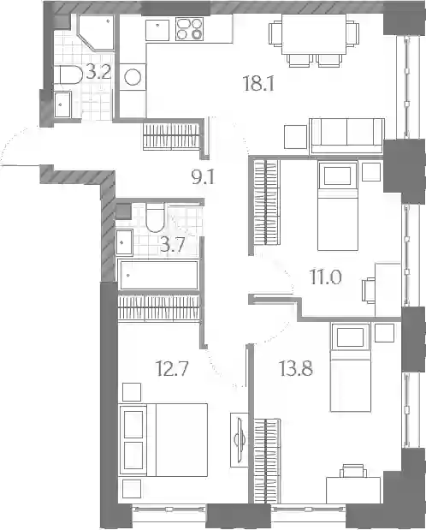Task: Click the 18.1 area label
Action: [x=258, y=84]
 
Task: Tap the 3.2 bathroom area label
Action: [x=98, y=72]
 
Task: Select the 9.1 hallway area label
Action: [x=203, y=176]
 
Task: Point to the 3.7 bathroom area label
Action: [x=173, y=245]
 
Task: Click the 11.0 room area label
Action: [x=326, y=277]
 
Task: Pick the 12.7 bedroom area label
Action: [x=172, y=368]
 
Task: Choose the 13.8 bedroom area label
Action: [x=296, y=368]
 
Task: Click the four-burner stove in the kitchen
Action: [x=189, y=29]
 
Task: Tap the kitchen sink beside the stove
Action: [x=157, y=30]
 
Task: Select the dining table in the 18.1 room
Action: [x=313, y=34]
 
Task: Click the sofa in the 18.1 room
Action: [x=347, y=136]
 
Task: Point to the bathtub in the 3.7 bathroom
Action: [x=159, y=275]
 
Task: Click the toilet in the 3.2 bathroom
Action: [x=70, y=75]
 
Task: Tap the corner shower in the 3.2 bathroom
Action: [x=97, y=33]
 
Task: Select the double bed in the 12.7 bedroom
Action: [x=163, y=440]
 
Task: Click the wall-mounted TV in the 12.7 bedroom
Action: [x=240, y=440]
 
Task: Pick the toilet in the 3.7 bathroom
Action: [x=155, y=217]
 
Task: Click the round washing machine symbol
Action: [x=133, y=77]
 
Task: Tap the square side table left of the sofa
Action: [x=296, y=136]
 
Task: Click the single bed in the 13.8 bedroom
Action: [x=351, y=367]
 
